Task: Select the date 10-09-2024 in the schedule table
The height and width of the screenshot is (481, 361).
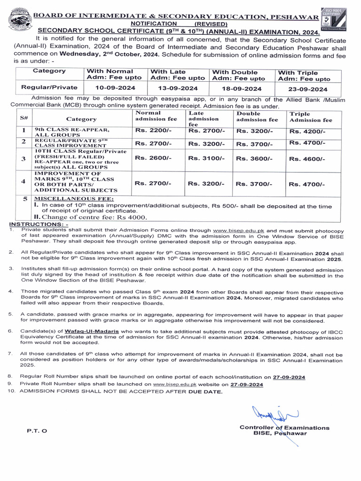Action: (x=115, y=88)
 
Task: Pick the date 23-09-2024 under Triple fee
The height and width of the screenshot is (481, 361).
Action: (x=308, y=89)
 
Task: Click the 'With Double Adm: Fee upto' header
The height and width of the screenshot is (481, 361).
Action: (x=238, y=75)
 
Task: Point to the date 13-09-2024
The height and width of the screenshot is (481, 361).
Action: (x=177, y=88)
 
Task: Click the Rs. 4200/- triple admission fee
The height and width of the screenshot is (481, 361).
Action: (x=307, y=132)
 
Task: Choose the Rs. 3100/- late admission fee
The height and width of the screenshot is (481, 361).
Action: (x=206, y=159)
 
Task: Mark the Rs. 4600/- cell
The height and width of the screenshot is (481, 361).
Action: (x=307, y=159)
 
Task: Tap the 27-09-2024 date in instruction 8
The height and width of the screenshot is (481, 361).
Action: (x=289, y=377)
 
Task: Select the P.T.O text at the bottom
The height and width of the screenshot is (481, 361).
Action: (x=36, y=431)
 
